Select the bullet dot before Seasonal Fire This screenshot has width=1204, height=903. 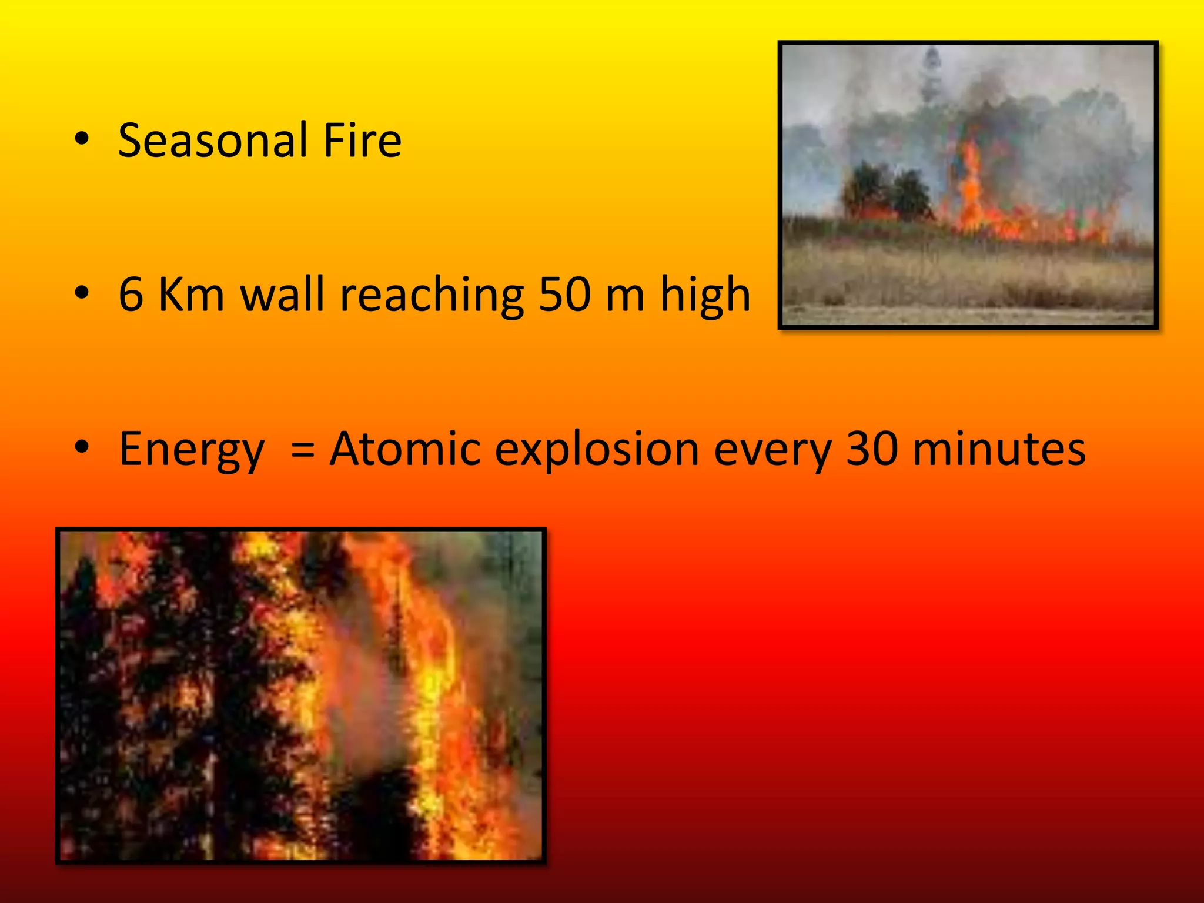point(82,139)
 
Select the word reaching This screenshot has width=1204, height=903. point(432,296)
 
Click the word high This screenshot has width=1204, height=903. point(705,296)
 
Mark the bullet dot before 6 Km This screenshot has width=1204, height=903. point(82,293)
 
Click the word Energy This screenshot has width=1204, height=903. point(192,450)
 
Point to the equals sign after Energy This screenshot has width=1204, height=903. point(303,450)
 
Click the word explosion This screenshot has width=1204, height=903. point(597,450)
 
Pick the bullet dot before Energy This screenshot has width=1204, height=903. point(82,447)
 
